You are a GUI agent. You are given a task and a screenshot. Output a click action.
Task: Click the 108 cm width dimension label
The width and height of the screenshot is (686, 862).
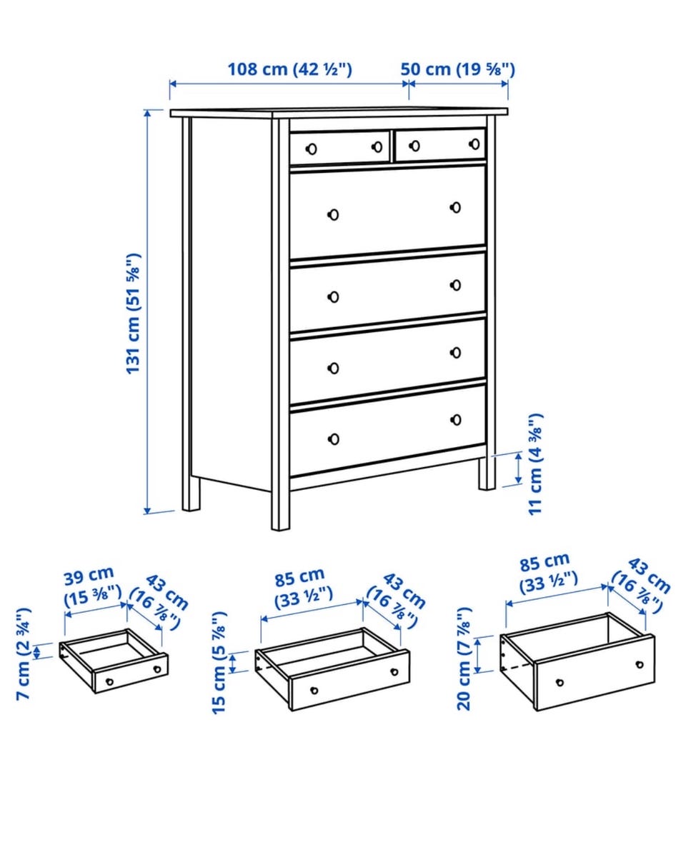click(289, 69)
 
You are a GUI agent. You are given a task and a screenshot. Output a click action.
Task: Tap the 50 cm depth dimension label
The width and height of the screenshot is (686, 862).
click(458, 69)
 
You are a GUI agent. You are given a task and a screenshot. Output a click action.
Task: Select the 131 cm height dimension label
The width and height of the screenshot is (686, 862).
click(133, 314)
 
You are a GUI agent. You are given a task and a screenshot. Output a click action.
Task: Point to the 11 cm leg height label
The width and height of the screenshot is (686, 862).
click(535, 463)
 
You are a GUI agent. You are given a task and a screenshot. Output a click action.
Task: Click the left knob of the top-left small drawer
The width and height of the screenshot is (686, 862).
click(311, 149)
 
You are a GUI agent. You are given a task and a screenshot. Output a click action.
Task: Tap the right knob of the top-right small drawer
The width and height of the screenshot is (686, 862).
click(474, 144)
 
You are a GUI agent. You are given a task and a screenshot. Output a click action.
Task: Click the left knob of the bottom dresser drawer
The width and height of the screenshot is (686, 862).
click(333, 439)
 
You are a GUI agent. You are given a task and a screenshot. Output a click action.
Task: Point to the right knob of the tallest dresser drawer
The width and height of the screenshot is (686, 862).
click(455, 208)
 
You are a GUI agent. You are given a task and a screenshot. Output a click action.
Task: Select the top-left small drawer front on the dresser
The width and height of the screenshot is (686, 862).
click(339, 147)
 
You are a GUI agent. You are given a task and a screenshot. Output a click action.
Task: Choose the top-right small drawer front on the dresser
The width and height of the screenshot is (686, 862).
click(440, 144)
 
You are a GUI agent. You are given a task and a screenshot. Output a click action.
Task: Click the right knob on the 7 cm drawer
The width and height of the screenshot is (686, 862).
click(157, 669)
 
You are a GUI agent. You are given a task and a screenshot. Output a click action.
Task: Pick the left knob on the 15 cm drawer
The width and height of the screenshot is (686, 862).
click(314, 690)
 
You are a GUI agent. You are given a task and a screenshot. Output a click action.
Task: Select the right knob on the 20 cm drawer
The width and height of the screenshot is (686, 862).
click(640, 664)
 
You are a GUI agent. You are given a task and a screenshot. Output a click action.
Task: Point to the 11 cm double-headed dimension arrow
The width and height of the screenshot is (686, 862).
click(518, 468)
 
